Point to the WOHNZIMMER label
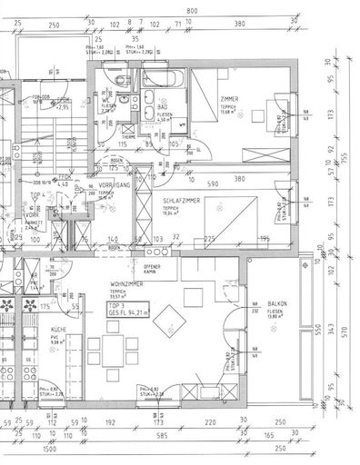pos(125,284)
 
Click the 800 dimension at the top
pos(192,10)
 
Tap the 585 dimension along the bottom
pos(161,436)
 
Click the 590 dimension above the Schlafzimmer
pos(211,183)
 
